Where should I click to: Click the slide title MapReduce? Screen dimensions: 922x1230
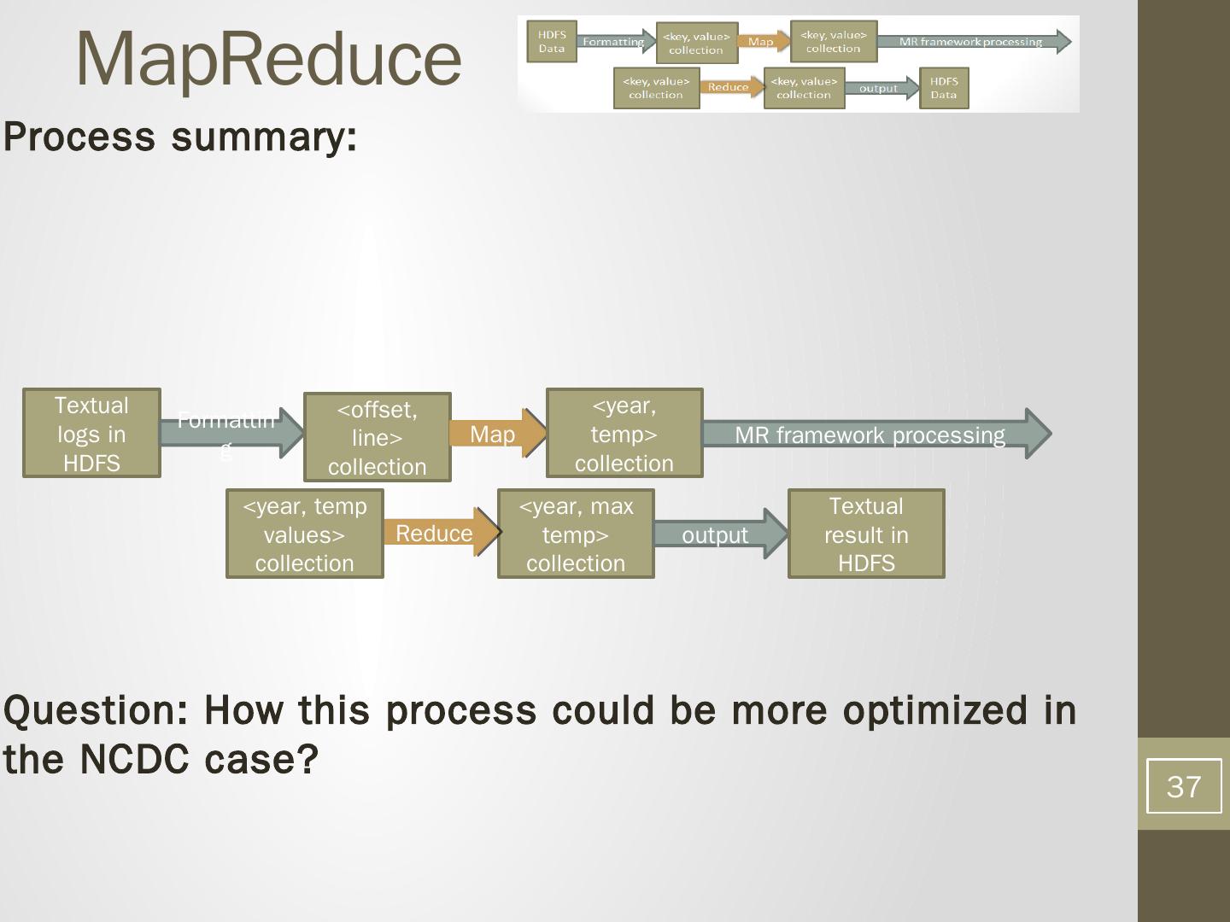pyautogui.click(x=268, y=58)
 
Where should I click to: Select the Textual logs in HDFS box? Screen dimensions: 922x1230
pyautogui.click(x=91, y=433)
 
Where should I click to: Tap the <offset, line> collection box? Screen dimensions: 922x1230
pyautogui.click(x=377, y=437)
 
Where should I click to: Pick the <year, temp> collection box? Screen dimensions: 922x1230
pyautogui.click(x=624, y=433)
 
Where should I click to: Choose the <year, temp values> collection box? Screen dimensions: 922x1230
pyautogui.click(x=304, y=534)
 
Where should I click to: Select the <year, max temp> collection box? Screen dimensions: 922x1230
pyautogui.click(x=576, y=534)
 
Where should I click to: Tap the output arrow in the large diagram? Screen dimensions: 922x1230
pyautogui.click(x=716, y=534)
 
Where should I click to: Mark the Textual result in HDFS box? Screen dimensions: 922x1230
pyautogui.click(x=866, y=534)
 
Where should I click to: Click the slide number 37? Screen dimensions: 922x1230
pyautogui.click(x=1183, y=785)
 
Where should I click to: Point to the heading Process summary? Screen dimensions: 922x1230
pyautogui.click(x=180, y=137)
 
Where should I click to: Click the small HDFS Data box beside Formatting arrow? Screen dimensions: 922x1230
pyautogui.click(x=552, y=42)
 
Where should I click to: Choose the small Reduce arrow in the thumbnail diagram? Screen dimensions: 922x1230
pyautogui.click(x=729, y=87)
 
